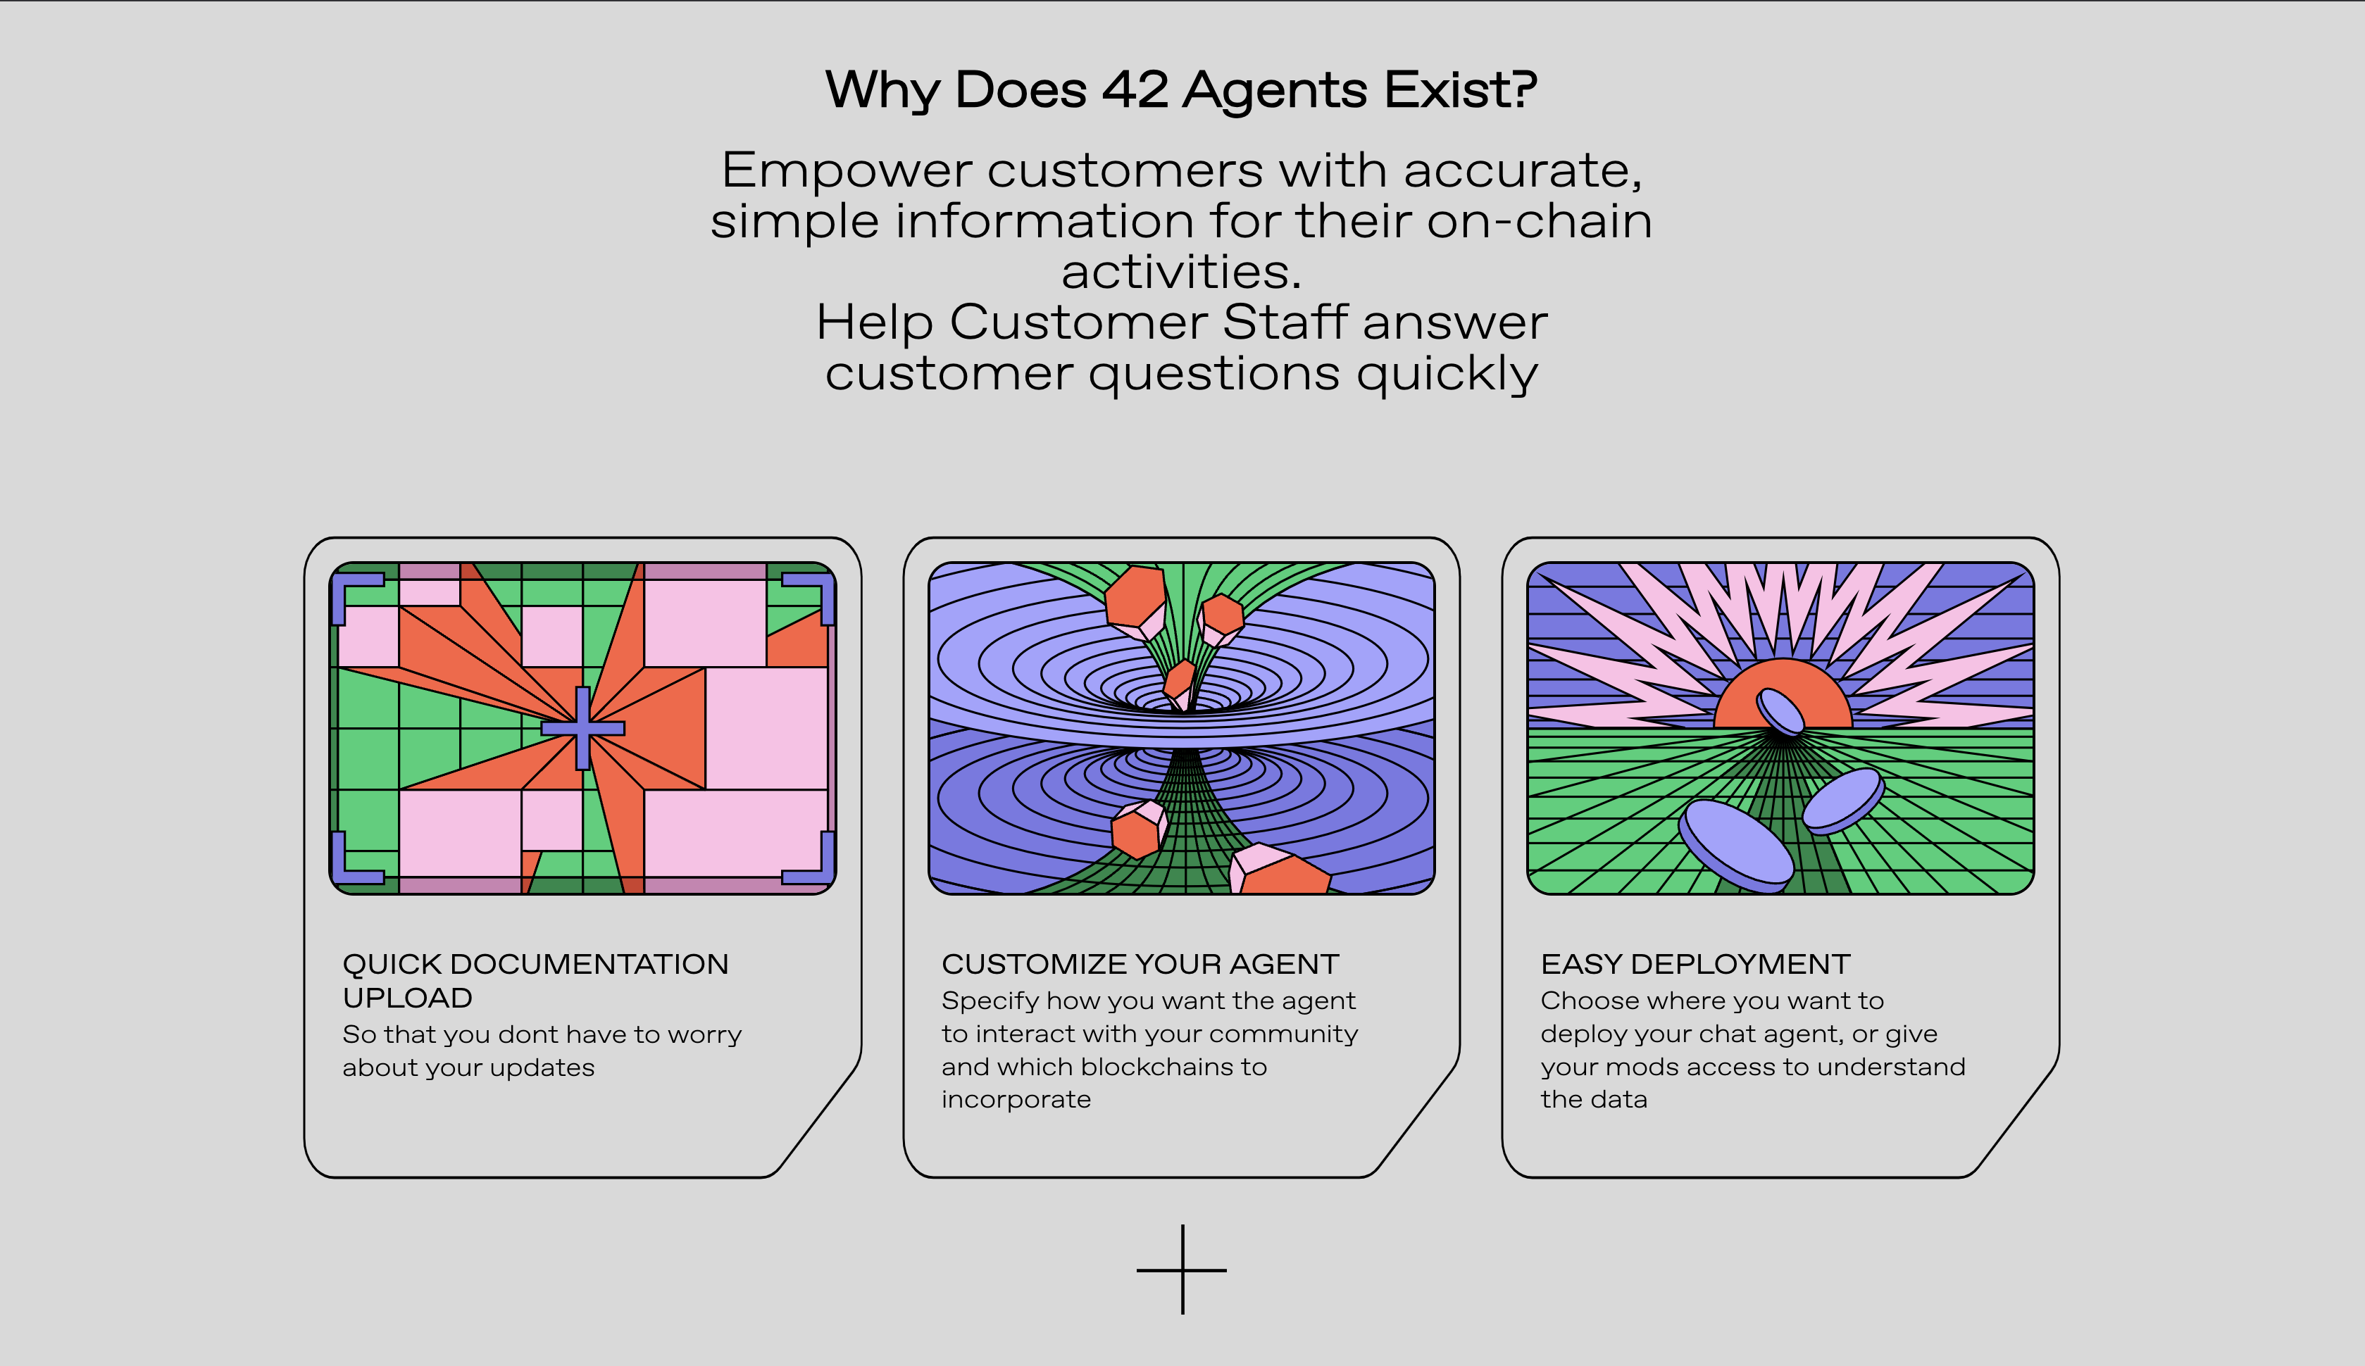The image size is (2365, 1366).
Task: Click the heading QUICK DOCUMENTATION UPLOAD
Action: (536, 980)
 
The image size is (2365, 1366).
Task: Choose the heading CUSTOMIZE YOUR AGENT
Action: (1140, 965)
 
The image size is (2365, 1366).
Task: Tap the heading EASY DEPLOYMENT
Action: (1695, 965)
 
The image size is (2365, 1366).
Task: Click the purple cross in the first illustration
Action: (582, 728)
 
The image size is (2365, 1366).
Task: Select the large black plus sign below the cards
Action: (1182, 1270)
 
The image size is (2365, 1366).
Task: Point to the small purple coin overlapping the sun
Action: (1780, 711)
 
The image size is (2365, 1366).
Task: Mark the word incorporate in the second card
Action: (1016, 1101)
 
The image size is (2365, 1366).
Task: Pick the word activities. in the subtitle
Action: (1181, 272)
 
